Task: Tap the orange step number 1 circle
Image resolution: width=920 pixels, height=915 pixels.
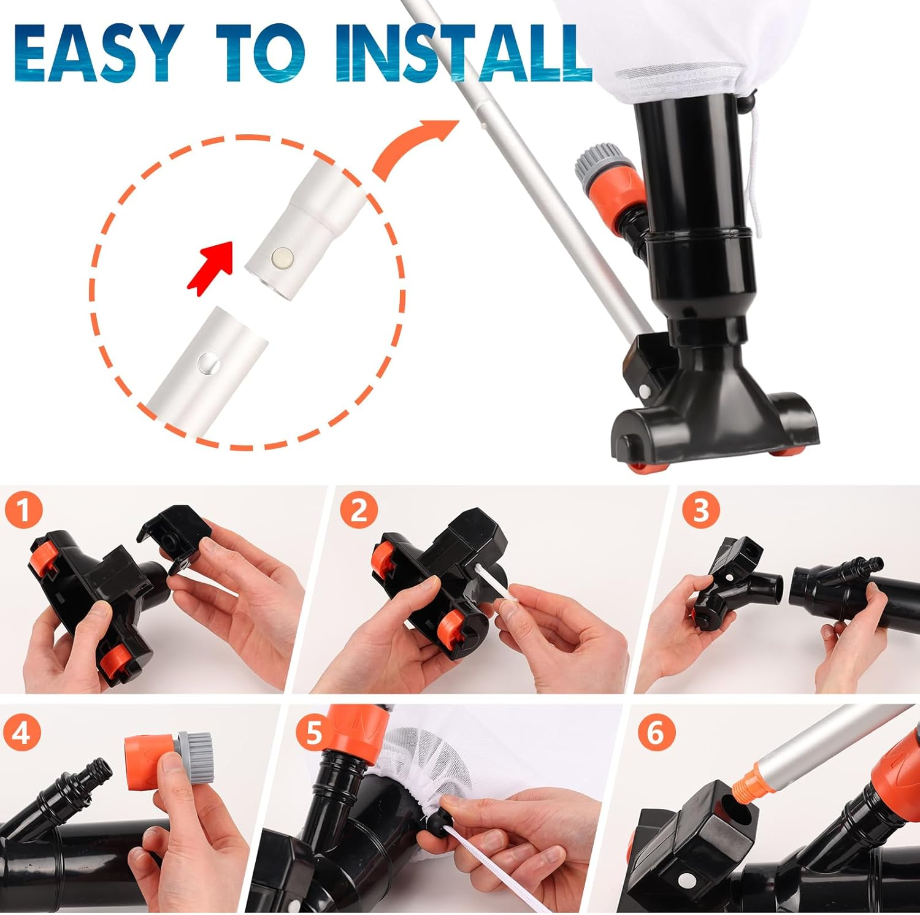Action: point(23,510)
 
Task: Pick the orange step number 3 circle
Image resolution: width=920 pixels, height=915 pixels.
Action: point(700,510)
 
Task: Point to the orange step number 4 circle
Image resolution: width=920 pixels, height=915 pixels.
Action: point(21,732)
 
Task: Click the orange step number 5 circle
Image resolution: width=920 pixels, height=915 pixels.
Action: point(313,732)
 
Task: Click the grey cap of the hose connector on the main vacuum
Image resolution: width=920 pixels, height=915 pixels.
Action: point(592,163)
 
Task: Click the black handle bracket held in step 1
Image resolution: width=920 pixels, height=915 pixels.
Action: point(172,534)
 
